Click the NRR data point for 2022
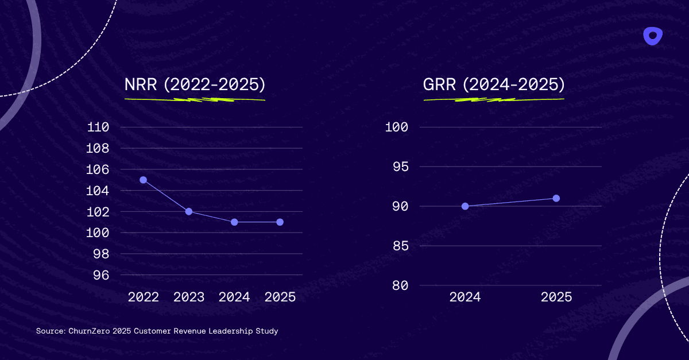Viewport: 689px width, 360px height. pyautogui.click(x=143, y=180)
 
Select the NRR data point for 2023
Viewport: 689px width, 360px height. pyautogui.click(x=189, y=211)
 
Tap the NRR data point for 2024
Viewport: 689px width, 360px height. pyautogui.click(x=234, y=222)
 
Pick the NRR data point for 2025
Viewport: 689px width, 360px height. pyautogui.click(x=280, y=222)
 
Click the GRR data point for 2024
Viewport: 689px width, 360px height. pyautogui.click(x=465, y=206)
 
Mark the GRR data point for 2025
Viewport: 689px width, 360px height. pyautogui.click(x=556, y=198)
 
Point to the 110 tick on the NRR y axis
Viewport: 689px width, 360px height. pyautogui.click(x=98, y=127)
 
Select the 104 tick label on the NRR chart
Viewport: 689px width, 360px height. pyautogui.click(x=98, y=191)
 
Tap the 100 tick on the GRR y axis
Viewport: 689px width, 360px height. pyautogui.click(x=396, y=127)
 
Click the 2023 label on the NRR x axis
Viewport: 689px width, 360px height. pyautogui.click(x=189, y=297)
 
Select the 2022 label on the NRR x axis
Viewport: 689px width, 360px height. pyautogui.click(x=144, y=297)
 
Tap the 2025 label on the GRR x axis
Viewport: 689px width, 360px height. pyautogui.click(x=556, y=297)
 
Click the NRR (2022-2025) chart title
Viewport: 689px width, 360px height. pyautogui.click(x=195, y=84)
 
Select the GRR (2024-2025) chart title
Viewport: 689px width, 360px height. pyautogui.click(x=494, y=84)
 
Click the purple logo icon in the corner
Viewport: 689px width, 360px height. pyautogui.click(x=652, y=36)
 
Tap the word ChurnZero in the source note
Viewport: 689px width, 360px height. pyautogui.click(x=86, y=331)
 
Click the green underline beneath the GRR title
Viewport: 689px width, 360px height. pyautogui.click(x=494, y=99)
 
